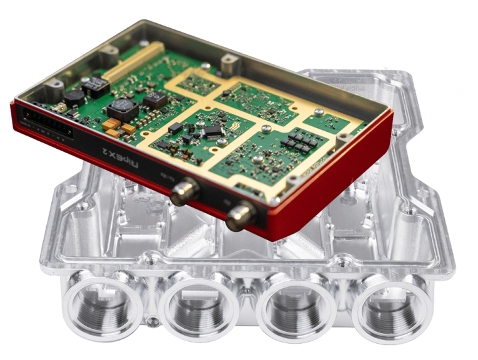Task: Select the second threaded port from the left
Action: [x=198, y=309]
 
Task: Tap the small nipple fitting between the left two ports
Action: [x=150, y=322]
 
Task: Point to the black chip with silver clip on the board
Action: [x=213, y=132]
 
